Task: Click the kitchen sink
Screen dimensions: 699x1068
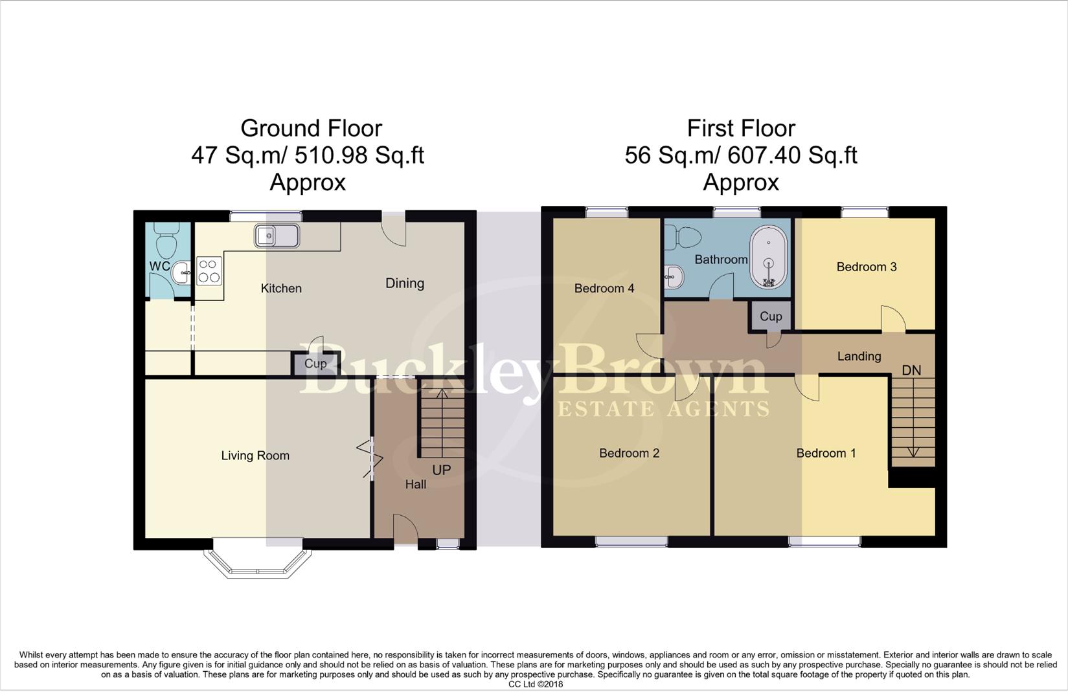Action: pyautogui.click(x=277, y=236)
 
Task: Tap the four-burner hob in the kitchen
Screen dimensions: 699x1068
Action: pyautogui.click(x=209, y=271)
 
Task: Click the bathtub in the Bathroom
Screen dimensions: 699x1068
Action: pyautogui.click(x=769, y=258)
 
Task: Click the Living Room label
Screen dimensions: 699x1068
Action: pyautogui.click(x=255, y=456)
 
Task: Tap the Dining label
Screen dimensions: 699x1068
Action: pyautogui.click(x=405, y=283)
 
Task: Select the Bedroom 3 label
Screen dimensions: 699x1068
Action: pyautogui.click(x=866, y=267)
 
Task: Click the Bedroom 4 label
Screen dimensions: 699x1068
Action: pyautogui.click(x=604, y=289)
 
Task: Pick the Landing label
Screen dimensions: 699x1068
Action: pyautogui.click(x=859, y=356)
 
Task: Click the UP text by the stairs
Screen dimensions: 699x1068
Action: pyautogui.click(x=441, y=470)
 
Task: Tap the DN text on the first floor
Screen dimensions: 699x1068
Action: pyautogui.click(x=911, y=370)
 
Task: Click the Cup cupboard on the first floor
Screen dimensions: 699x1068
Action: pyautogui.click(x=771, y=316)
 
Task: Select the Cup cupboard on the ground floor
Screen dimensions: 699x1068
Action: pyautogui.click(x=315, y=364)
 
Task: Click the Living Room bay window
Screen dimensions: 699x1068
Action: pyautogui.click(x=258, y=562)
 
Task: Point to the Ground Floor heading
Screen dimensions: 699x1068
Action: pyautogui.click(x=311, y=128)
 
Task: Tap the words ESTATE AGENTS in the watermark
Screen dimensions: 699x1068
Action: pyautogui.click(x=664, y=409)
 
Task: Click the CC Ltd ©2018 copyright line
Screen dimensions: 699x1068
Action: pyautogui.click(x=535, y=684)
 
